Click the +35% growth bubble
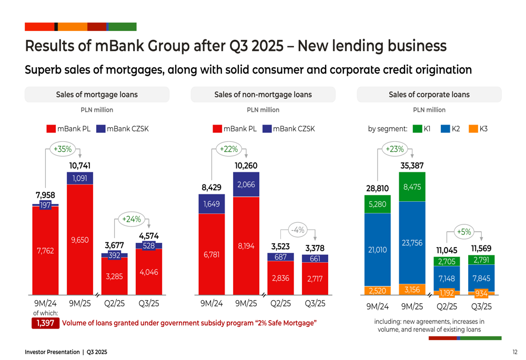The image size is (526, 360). click(x=62, y=149)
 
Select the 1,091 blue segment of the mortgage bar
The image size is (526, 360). click(x=80, y=178)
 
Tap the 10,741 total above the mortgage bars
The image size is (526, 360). click(x=80, y=166)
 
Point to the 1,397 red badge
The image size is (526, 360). click(x=45, y=323)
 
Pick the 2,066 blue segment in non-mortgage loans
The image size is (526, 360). click(x=246, y=184)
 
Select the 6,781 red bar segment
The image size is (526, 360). click(x=211, y=255)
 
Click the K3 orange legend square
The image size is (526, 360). click(x=473, y=128)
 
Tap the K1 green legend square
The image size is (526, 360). click(x=417, y=128)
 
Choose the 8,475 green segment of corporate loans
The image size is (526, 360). click(x=412, y=187)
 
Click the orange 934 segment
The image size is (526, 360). click(x=481, y=293)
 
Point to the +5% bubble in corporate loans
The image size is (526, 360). click(x=464, y=232)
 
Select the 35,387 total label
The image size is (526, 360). click(x=412, y=166)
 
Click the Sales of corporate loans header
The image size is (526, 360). click(x=429, y=95)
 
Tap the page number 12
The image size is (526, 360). click(x=514, y=352)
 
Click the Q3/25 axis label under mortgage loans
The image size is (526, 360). click(x=149, y=303)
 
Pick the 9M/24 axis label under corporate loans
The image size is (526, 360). click(x=378, y=306)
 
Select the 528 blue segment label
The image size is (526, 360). click(x=149, y=245)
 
